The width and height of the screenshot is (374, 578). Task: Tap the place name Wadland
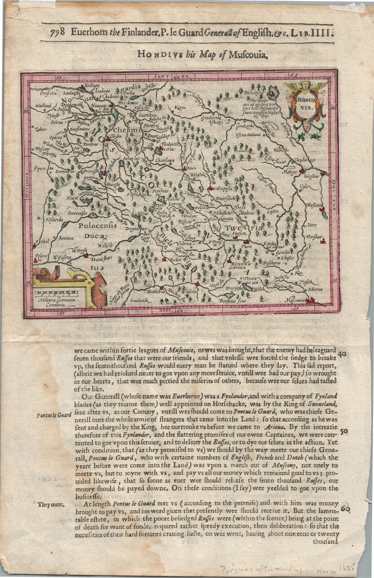pos(43,106)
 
